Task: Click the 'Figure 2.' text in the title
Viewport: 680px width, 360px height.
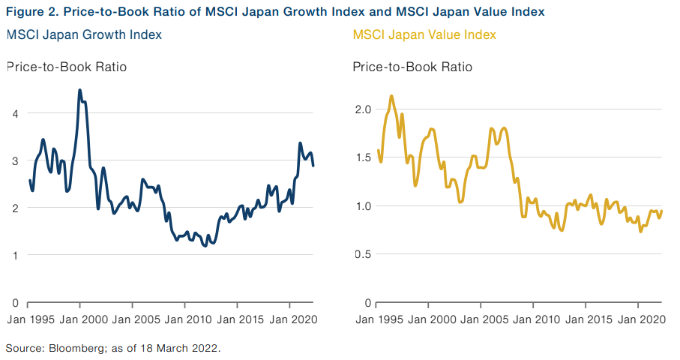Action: pyautogui.click(x=31, y=12)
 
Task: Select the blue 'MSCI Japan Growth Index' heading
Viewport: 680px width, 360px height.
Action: pyautogui.click(x=84, y=35)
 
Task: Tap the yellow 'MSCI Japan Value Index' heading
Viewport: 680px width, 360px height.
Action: pyautogui.click(x=424, y=35)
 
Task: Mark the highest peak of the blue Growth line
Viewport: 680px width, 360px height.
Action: pyautogui.click(x=79, y=90)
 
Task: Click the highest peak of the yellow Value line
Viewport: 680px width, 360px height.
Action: pyautogui.click(x=391, y=96)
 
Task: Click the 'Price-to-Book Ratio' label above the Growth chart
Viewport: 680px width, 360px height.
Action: pyautogui.click(x=67, y=67)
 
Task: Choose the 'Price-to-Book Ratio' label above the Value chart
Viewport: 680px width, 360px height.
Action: pyautogui.click(x=412, y=67)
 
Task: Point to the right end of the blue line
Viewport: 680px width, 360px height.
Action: pyautogui.click(x=313, y=165)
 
